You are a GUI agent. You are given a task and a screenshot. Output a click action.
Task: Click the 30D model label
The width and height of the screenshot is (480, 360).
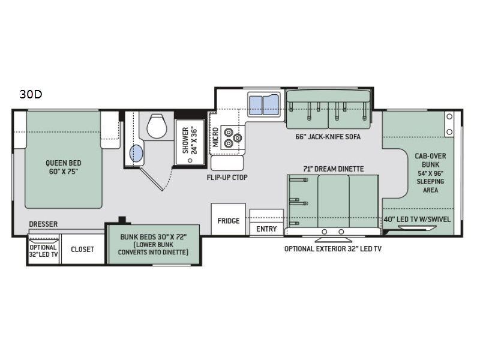click(31, 94)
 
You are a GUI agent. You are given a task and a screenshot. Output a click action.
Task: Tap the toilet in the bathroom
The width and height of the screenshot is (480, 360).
click(157, 126)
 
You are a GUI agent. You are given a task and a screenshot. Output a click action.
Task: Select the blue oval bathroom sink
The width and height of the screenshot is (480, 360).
click(136, 154)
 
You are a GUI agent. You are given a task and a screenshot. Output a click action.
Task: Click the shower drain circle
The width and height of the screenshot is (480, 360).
click(190, 160)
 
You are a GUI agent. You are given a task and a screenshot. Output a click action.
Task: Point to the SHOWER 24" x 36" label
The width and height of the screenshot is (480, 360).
click(190, 140)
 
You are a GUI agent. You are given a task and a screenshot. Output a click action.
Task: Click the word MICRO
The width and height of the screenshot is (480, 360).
click(215, 137)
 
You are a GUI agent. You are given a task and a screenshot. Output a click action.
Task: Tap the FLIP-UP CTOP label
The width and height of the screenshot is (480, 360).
click(227, 178)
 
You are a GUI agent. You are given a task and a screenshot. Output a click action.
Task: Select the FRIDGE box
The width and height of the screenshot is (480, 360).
click(229, 219)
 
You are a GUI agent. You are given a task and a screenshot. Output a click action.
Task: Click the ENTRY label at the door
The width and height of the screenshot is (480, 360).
click(266, 229)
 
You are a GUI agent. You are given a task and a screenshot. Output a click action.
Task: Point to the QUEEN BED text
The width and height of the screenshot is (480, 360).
click(64, 163)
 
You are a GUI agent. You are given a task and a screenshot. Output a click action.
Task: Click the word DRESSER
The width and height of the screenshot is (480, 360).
click(43, 224)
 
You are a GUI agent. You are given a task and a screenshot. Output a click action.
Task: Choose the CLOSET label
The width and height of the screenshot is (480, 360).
click(82, 250)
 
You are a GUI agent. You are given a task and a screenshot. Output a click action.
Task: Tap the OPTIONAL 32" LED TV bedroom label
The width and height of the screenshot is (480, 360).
click(43, 251)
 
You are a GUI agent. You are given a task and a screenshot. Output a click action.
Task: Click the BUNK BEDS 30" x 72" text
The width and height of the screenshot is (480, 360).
click(154, 237)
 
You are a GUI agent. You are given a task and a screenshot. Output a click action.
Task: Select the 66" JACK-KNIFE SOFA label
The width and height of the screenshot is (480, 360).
click(328, 137)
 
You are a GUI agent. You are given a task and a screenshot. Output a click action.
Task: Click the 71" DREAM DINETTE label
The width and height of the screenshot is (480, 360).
click(334, 169)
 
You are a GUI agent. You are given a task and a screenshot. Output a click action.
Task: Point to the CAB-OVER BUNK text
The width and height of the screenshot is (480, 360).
click(430, 160)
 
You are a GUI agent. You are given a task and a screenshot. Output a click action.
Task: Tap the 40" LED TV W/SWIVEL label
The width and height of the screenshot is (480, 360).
click(417, 219)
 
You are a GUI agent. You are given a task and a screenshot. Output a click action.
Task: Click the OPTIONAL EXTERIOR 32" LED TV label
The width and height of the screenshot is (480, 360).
click(333, 249)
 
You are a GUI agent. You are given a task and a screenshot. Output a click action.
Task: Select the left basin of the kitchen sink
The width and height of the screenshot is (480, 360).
click(256, 106)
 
